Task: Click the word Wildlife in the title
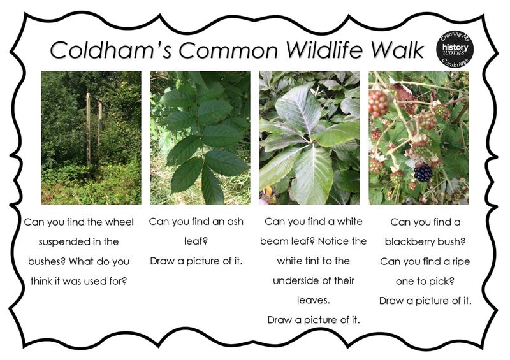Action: pyautogui.click(x=324, y=50)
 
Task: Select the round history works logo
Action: pyautogui.click(x=455, y=49)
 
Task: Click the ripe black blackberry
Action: pyautogui.click(x=423, y=173)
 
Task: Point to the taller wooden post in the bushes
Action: pyautogui.click(x=88, y=129)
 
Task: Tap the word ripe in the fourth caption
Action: pyautogui.click(x=461, y=262)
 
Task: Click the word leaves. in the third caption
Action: pyautogui.click(x=313, y=300)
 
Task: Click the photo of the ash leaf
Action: pyautogui.click(x=200, y=138)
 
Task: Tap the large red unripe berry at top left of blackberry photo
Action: pyautogui.click(x=378, y=103)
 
